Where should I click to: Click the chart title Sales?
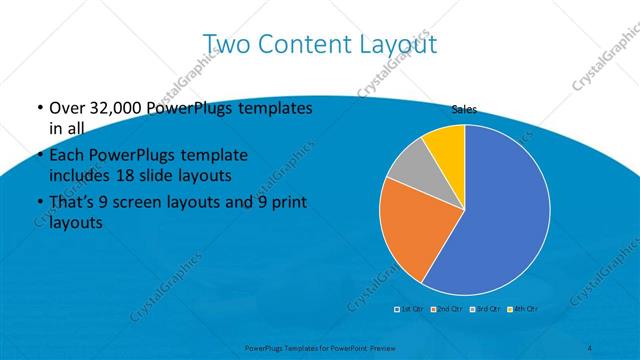point(464,109)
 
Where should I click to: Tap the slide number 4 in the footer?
point(590,346)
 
